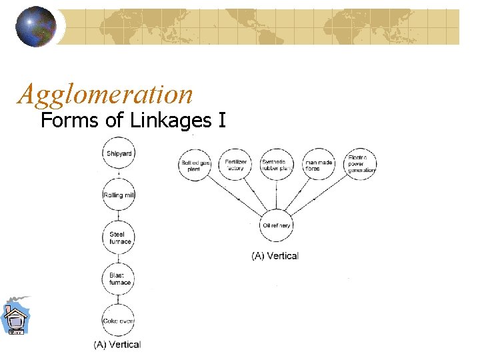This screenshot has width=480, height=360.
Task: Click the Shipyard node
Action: pyautogui.click(x=119, y=154)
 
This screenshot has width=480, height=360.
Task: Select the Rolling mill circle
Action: pyautogui.click(x=119, y=195)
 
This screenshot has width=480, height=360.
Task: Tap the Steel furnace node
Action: pyautogui.click(x=119, y=237)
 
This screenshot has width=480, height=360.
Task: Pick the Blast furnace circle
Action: pyautogui.click(x=119, y=279)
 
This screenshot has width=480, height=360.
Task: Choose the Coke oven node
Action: pyautogui.click(x=119, y=321)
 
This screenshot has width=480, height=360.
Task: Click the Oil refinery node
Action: pyautogui.click(x=275, y=225)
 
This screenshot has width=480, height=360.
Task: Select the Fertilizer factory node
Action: pyautogui.click(x=236, y=165)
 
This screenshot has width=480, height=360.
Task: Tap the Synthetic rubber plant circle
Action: pyautogui.click(x=275, y=165)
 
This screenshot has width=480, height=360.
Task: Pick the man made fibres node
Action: pyautogui.click(x=317, y=165)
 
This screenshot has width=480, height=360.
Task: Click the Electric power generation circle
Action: pyautogui.click(x=361, y=164)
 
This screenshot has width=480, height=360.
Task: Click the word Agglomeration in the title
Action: pyautogui.click(x=105, y=94)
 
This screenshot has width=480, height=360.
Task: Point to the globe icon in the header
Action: pyautogui.click(x=36, y=27)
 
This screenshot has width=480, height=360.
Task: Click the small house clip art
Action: pyautogui.click(x=14, y=316)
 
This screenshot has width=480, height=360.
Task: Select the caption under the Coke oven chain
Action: pyautogui.click(x=117, y=345)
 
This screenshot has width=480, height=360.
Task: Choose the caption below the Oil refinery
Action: pyautogui.click(x=275, y=255)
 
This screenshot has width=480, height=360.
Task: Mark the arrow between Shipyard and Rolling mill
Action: pyautogui.click(x=119, y=175)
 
